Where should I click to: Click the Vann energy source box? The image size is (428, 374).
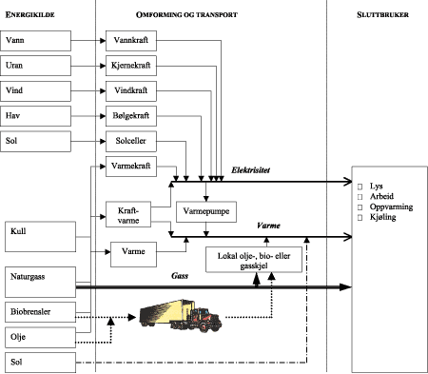(38, 43)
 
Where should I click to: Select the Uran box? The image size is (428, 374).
(38, 68)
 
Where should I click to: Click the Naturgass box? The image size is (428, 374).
(38, 280)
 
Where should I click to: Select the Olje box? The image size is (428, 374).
(38, 337)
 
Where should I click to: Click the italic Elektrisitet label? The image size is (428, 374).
(250, 169)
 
